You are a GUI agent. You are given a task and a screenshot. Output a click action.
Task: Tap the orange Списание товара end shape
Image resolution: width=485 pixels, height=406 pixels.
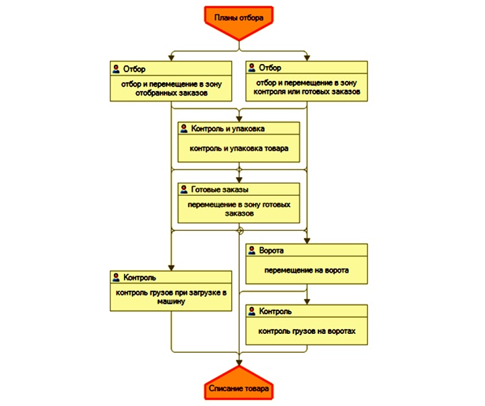pos(238,383)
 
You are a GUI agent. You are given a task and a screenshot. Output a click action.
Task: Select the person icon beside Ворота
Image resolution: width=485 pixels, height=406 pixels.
pos(252,250)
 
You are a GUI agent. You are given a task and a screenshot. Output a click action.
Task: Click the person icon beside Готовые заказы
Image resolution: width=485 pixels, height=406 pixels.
pos(184,189)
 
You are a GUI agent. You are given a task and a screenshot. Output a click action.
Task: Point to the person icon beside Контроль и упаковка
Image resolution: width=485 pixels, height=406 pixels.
pos(184,129)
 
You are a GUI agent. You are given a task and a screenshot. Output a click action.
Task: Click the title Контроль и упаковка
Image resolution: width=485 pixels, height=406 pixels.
pos(228,129)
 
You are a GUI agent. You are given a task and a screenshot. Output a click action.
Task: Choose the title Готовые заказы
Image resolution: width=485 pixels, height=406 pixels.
pos(220,189)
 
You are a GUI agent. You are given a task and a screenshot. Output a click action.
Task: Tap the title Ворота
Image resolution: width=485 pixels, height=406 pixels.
pos(271,250)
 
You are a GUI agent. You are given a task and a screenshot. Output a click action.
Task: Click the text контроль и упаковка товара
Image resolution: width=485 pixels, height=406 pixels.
pos(238,148)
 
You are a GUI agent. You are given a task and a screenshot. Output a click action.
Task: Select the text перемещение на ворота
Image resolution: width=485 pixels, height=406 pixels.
pos(306,270)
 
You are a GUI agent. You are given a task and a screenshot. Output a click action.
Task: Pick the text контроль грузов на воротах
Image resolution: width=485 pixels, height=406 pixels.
pos(307,331)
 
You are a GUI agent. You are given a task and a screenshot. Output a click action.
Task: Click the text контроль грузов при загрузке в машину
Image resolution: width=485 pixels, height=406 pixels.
pos(171,297)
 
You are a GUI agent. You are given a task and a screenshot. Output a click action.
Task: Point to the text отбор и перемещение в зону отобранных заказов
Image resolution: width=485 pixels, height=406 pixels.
pos(171,88)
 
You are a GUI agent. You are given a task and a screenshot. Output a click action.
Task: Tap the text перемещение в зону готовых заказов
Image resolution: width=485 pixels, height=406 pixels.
pos(238,209)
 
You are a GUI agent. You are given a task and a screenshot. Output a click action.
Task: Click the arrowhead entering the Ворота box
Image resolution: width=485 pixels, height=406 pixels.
pos(307,241)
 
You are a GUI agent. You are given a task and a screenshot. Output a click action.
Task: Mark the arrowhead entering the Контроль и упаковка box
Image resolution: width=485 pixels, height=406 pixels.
pos(238,119)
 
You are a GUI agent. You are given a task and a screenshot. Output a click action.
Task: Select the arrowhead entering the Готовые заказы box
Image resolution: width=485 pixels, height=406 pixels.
pos(238,180)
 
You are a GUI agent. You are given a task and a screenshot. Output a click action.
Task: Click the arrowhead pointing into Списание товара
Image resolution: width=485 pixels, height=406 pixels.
pos(238,363)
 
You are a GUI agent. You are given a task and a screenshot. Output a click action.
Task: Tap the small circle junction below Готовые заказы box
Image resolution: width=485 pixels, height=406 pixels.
pos(240,231)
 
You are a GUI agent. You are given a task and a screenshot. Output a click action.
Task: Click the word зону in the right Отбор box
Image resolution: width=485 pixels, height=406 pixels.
pos(348,83)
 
